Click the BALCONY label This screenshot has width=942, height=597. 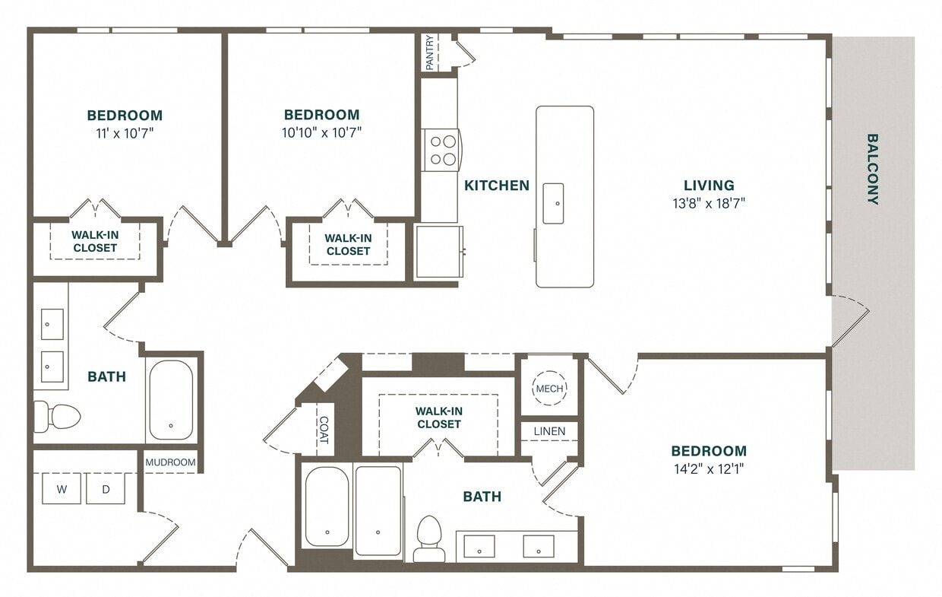pos(873,170)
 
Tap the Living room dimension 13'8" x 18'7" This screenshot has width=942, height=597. pos(708,203)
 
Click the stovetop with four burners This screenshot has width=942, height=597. pos(441,149)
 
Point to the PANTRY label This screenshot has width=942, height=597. pos(430,52)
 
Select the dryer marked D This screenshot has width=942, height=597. pos(106,489)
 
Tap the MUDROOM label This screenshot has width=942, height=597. pos(171,462)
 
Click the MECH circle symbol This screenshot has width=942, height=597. pos(549,389)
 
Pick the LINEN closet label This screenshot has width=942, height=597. pos(549,431)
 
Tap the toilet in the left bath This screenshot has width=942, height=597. pos(58,416)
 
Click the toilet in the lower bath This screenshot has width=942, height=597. pos(430,537)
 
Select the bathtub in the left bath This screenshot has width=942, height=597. pos(171,399)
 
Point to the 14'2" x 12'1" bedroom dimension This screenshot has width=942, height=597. pos(708,468)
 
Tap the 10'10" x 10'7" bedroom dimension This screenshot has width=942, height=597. pos(321,132)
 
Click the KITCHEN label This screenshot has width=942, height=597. pos(497,186)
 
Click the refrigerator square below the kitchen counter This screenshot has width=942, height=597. pos(438,252)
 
